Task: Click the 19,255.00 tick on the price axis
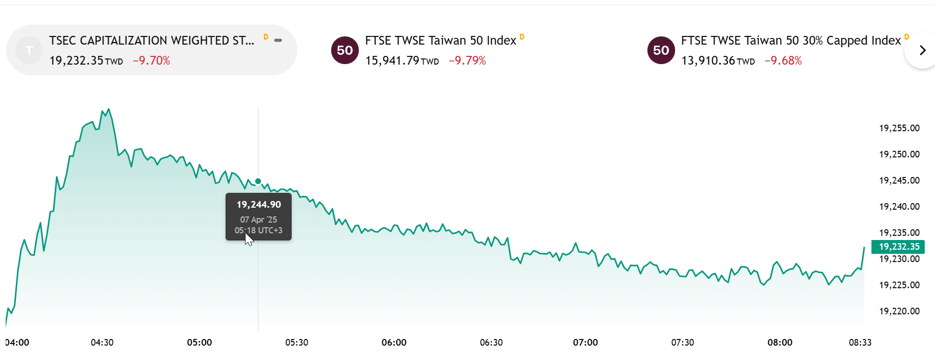click(899, 128)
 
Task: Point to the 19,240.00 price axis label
click(899, 207)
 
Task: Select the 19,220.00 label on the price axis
click(899, 311)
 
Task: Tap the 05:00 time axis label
click(199, 343)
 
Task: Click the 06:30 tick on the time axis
click(491, 343)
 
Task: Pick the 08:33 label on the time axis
click(860, 343)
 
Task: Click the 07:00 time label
click(585, 343)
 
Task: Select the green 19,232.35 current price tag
click(899, 247)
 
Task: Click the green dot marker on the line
click(258, 181)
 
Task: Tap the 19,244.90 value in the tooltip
click(259, 205)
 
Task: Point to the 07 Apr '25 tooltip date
click(259, 219)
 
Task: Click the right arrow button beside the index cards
click(922, 50)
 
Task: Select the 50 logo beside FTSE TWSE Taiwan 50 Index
click(345, 50)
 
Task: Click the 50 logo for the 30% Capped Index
click(661, 50)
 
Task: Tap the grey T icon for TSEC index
click(29, 50)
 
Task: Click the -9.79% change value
click(467, 61)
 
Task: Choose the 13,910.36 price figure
click(708, 61)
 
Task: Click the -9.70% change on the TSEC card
click(151, 61)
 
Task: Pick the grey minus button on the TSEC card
click(278, 40)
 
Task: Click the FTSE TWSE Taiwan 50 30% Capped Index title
click(790, 41)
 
